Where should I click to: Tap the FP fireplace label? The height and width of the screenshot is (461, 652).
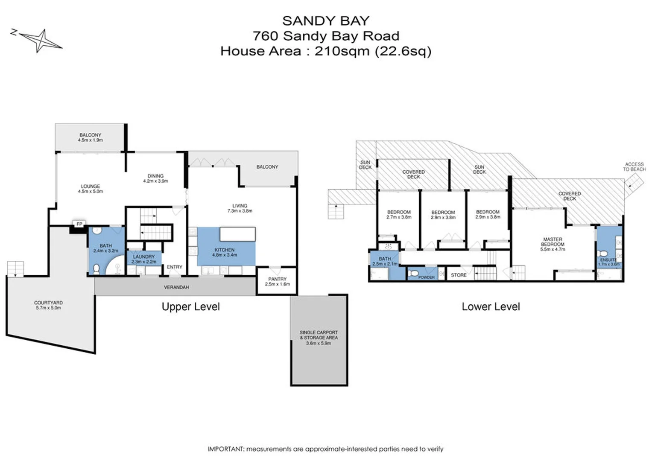tap(79, 224)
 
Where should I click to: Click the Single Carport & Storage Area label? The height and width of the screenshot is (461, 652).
tap(319, 337)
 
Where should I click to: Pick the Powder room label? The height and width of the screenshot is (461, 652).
tap(426, 277)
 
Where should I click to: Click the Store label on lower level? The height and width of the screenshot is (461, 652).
tap(459, 275)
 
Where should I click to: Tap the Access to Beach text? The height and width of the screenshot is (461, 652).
tap(634, 167)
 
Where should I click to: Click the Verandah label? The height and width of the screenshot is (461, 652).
tap(176, 287)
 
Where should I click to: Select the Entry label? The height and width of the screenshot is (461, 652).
tap(174, 267)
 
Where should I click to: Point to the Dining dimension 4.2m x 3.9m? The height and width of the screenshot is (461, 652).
tap(155, 181)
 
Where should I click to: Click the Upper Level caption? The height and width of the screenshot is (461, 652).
tap(190, 306)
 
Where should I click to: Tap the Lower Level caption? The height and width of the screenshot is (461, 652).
tap(491, 306)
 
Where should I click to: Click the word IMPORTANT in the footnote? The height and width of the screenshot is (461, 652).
tap(226, 449)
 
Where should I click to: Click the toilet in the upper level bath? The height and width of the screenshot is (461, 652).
tap(96, 269)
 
